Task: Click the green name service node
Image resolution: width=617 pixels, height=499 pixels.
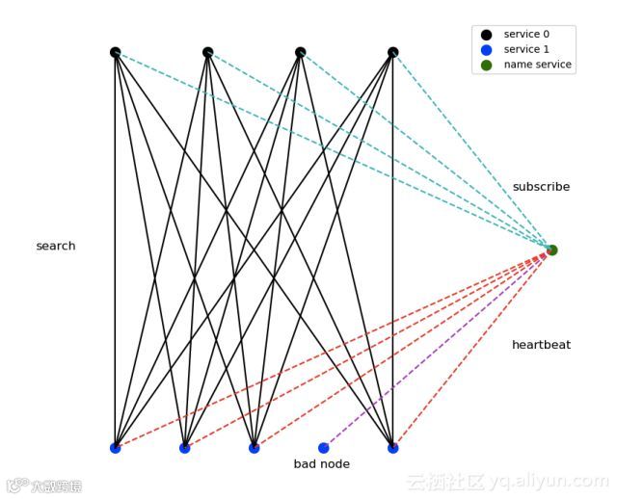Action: pos(551,250)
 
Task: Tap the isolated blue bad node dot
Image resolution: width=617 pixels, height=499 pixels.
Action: pos(324,448)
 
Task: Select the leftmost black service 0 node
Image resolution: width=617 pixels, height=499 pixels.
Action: pos(116,52)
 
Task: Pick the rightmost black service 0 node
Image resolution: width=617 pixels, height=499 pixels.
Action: pos(392,52)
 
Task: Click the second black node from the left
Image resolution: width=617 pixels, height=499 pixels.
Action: pos(208,52)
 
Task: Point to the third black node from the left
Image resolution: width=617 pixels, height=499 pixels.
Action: pos(301,52)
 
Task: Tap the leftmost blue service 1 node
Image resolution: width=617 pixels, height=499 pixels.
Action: pos(116,448)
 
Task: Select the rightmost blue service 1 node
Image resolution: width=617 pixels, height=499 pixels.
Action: pos(392,448)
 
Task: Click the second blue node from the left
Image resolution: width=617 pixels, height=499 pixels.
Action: pos(185,448)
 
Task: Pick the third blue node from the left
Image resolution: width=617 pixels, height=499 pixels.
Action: pos(255,448)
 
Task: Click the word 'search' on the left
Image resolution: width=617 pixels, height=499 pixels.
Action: pos(56,247)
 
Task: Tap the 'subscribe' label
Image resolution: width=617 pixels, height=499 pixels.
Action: pos(541,187)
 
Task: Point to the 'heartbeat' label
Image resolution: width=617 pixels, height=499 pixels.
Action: pos(541,345)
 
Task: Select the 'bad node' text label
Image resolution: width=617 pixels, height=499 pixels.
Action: pos(322,464)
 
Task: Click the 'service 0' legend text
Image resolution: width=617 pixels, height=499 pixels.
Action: pos(526,35)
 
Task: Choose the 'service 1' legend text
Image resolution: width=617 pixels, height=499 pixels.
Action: pos(526,49)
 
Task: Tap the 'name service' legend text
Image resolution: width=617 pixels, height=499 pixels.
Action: pos(537,65)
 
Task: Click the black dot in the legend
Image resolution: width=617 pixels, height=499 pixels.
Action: pos(486,35)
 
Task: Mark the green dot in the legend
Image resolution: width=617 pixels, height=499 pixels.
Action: pos(486,65)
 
